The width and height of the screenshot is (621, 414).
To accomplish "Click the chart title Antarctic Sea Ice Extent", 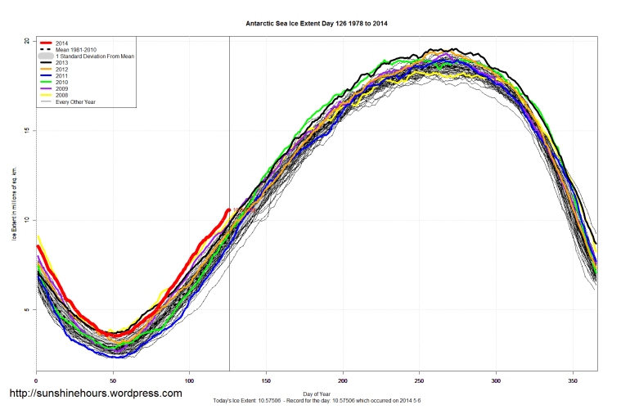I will click(317, 24).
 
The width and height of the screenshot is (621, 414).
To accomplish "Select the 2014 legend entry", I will click(61, 43).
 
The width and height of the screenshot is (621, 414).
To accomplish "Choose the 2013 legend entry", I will click(61, 64).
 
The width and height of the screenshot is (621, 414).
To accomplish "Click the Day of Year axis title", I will click(317, 394).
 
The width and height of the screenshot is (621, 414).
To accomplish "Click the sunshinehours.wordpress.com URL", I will click(95, 394).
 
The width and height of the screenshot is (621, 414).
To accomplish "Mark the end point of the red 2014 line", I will click(229, 209).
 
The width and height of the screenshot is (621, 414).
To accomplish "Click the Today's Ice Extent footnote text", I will click(317, 400).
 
